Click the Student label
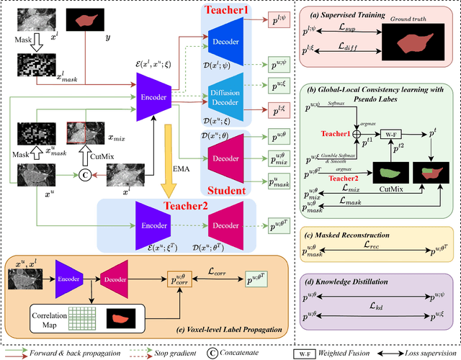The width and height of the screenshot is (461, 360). coord(236,192)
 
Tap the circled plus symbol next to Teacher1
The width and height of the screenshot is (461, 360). coord(355,134)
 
